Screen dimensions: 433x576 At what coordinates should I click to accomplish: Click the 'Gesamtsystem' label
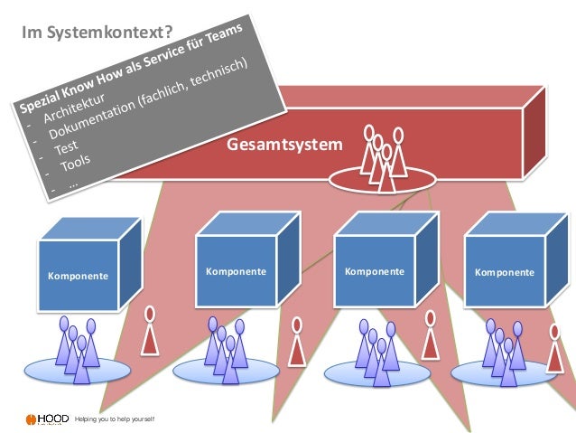pos(284,144)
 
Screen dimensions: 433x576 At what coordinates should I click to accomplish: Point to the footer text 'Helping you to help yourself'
pos(115,420)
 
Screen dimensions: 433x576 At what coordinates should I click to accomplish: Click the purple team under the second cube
pos(222,348)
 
